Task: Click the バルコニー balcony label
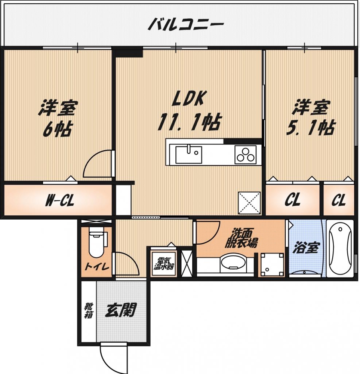click(x=186, y=25)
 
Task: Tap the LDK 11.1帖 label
click(x=189, y=111)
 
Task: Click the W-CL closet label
click(x=60, y=201)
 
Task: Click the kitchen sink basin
click(x=189, y=154)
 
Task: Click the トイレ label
click(x=96, y=267)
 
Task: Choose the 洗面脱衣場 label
click(x=240, y=238)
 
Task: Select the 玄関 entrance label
click(x=120, y=310)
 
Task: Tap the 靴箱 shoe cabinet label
click(x=87, y=310)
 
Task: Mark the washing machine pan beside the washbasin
click(x=272, y=264)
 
